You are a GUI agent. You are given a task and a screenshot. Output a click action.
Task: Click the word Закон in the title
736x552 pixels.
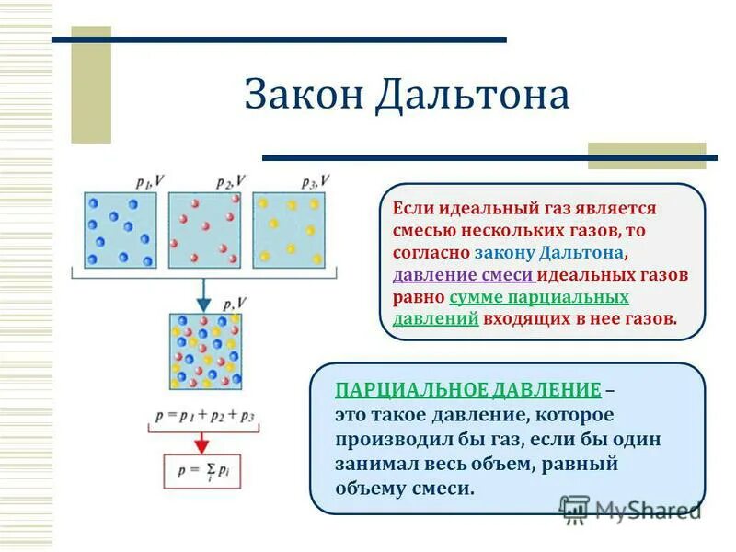(x=304, y=97)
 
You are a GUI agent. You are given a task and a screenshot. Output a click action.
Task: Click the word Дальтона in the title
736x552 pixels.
(x=472, y=97)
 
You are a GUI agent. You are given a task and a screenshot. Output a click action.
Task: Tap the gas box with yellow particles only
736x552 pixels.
(x=289, y=230)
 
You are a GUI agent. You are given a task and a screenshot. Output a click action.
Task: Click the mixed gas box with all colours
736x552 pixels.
(x=205, y=351)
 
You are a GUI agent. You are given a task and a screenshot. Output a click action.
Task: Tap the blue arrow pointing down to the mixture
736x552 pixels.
(x=204, y=294)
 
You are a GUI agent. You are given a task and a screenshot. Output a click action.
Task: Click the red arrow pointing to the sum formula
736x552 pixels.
(x=204, y=442)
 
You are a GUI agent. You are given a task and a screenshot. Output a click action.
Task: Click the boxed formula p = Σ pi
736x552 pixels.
(x=204, y=471)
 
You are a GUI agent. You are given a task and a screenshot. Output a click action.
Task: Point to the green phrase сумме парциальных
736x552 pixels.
(x=538, y=297)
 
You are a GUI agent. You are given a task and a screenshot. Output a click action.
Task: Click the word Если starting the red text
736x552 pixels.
(x=412, y=209)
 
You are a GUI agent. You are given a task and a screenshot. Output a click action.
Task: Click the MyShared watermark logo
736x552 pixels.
(x=631, y=509)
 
